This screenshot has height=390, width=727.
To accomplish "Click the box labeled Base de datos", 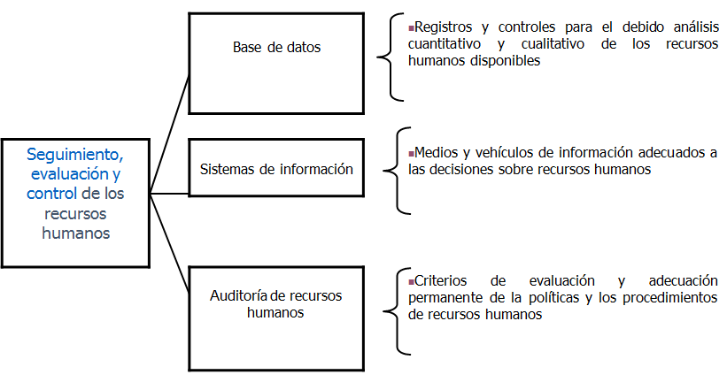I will [x=276, y=63].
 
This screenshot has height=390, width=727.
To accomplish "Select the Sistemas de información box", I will [x=276, y=168].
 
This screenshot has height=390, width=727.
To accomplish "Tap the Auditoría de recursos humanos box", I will [x=276, y=302].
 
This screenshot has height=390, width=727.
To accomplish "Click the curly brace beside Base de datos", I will [x=386, y=58].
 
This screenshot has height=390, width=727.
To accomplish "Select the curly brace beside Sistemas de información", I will [x=393, y=169].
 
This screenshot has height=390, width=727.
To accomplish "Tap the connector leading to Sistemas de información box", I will [x=169, y=180].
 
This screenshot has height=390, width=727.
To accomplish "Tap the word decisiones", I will [x=465, y=169].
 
